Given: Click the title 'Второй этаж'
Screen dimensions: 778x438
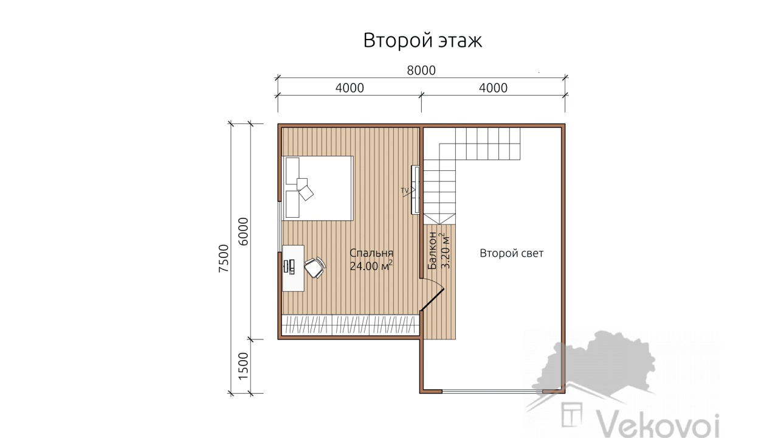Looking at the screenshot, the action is pyautogui.click(x=422, y=41).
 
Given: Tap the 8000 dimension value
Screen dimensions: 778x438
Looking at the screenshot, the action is pyautogui.click(x=421, y=71).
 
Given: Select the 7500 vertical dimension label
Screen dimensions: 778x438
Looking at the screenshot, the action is pyautogui.click(x=224, y=259).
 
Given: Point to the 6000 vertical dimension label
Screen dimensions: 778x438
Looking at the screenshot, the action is pyautogui.click(x=244, y=232).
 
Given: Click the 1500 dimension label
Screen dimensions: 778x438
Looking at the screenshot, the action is pyautogui.click(x=244, y=366).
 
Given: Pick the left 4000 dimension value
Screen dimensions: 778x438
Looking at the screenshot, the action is pyautogui.click(x=349, y=88).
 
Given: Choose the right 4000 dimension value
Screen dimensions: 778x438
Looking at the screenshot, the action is pyautogui.click(x=493, y=88).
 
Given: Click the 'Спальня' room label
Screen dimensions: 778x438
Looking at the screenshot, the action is pyautogui.click(x=371, y=253).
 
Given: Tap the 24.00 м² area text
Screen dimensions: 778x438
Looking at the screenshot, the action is pyautogui.click(x=371, y=266).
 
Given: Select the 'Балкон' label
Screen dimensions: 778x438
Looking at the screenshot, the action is pyautogui.click(x=432, y=251).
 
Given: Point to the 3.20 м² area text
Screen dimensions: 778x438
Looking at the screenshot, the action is pyautogui.click(x=445, y=251).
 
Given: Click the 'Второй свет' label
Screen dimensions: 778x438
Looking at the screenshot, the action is pyautogui.click(x=511, y=254).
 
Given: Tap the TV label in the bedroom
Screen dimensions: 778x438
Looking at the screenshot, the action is pyautogui.click(x=405, y=190).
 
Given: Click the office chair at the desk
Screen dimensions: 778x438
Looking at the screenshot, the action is pyautogui.click(x=315, y=268).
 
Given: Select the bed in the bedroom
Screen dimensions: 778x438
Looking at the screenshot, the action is pyautogui.click(x=317, y=188).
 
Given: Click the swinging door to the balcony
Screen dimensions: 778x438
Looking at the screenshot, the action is pyautogui.click(x=432, y=299).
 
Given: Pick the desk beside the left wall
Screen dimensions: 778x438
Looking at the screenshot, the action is pyautogui.click(x=293, y=268).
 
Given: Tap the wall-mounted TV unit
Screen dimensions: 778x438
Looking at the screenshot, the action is pyautogui.click(x=415, y=190).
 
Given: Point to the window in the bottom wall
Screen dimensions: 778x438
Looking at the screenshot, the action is pyautogui.click(x=492, y=391).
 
